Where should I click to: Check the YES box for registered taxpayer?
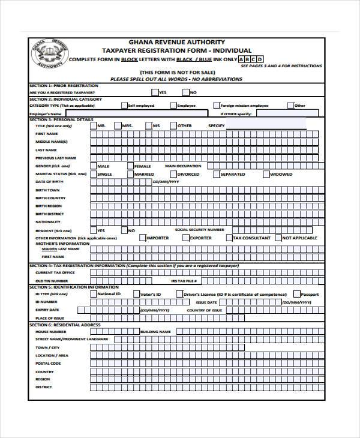tap(155, 92)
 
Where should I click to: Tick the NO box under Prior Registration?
tap(185, 92)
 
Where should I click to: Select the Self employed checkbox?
tap(124, 105)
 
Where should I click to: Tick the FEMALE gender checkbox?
tap(130, 166)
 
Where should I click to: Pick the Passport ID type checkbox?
tap(296, 294)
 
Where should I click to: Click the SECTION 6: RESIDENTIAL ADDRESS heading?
tap(65, 325)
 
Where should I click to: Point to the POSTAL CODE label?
tap(48, 363)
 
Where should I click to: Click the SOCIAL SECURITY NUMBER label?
tap(200, 230)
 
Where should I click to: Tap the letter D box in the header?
tap(260, 59)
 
